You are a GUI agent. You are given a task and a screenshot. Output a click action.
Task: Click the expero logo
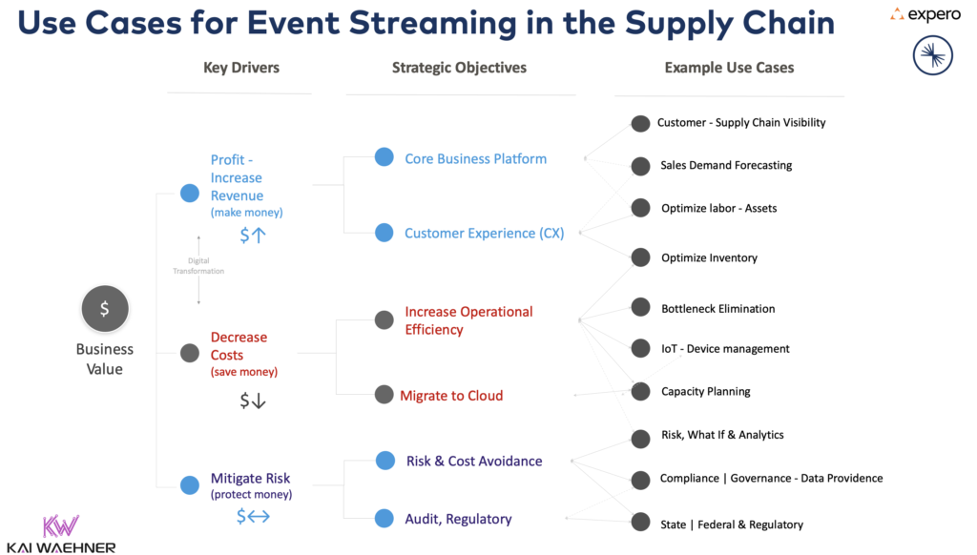pos(925,14)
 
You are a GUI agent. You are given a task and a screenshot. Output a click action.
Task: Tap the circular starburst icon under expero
pos(932,56)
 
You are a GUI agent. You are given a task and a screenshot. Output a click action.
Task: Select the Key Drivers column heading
pos(241,68)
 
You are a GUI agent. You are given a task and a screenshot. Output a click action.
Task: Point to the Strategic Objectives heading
pos(459,68)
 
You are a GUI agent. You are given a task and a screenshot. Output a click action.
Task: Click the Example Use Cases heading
pos(729,68)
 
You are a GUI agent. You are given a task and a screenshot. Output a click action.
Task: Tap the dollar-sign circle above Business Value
pos(105,309)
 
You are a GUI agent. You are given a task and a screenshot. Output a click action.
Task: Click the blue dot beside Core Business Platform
pos(384,157)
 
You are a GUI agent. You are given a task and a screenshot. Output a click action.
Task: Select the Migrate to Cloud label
pos(451,395)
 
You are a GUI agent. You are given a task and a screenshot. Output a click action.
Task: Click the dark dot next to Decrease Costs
pos(190,353)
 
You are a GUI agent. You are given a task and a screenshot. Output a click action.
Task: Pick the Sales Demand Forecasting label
pos(726,165)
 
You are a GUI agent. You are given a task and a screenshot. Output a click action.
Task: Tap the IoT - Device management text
pos(725,349)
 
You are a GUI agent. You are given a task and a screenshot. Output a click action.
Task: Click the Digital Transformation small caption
pos(198,266)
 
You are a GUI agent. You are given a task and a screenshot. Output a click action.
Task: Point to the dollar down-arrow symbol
pos(253,401)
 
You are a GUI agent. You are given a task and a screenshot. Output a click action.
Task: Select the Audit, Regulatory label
pos(458,519)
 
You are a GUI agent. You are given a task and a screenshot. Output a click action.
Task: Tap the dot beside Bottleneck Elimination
pos(640,307)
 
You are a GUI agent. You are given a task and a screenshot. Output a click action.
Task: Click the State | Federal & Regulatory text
pos(732,524)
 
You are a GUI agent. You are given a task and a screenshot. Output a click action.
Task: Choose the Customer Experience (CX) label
pos(484,233)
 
